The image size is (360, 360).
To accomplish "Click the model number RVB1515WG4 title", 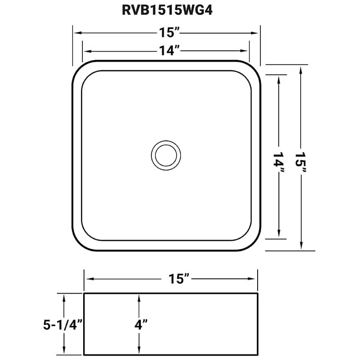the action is [167, 10].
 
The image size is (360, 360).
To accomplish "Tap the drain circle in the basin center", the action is [166, 156].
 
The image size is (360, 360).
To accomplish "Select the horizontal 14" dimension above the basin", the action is [169, 50].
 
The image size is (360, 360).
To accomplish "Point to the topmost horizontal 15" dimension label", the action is [169, 33].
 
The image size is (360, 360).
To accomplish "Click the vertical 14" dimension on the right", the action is [279, 162].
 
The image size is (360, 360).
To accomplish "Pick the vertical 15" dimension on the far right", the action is [301, 162].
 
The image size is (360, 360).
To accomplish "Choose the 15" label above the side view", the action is [179, 279].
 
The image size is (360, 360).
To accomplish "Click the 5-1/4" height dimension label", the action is [63, 325].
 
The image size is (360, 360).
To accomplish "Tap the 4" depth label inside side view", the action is [141, 325].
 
